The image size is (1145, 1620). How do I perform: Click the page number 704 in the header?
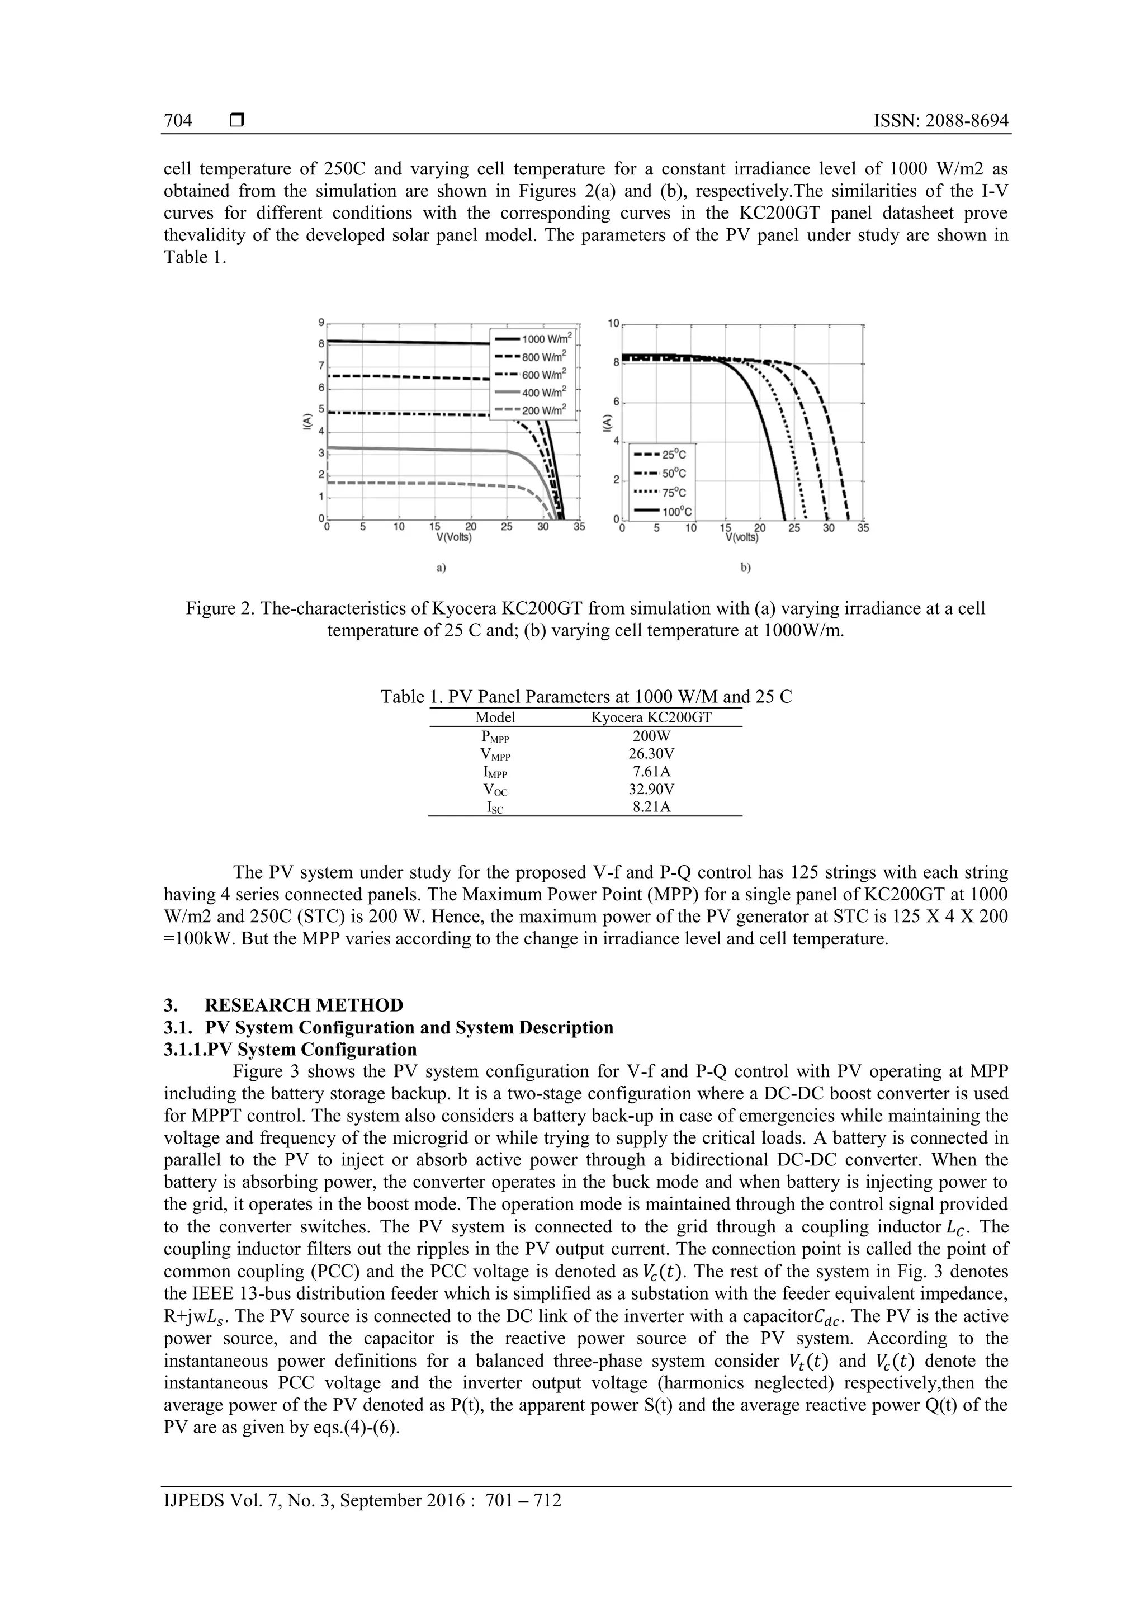(178, 121)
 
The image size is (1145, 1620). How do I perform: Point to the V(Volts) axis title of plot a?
(455, 537)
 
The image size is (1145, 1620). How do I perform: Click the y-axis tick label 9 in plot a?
(321, 323)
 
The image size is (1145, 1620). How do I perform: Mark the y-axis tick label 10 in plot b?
(613, 323)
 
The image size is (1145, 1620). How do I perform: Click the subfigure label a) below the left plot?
(441, 566)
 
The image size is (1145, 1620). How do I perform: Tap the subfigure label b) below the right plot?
(746, 566)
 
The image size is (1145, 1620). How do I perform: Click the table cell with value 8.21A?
(651, 807)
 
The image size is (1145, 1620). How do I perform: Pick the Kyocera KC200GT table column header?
(651, 717)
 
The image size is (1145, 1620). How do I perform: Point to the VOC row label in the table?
(495, 790)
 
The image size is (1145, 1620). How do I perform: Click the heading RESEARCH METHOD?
(304, 1005)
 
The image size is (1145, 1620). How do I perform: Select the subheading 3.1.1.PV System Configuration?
(290, 1049)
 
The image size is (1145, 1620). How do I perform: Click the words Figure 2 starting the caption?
(218, 608)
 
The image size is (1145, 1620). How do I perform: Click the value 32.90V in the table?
(651, 790)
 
